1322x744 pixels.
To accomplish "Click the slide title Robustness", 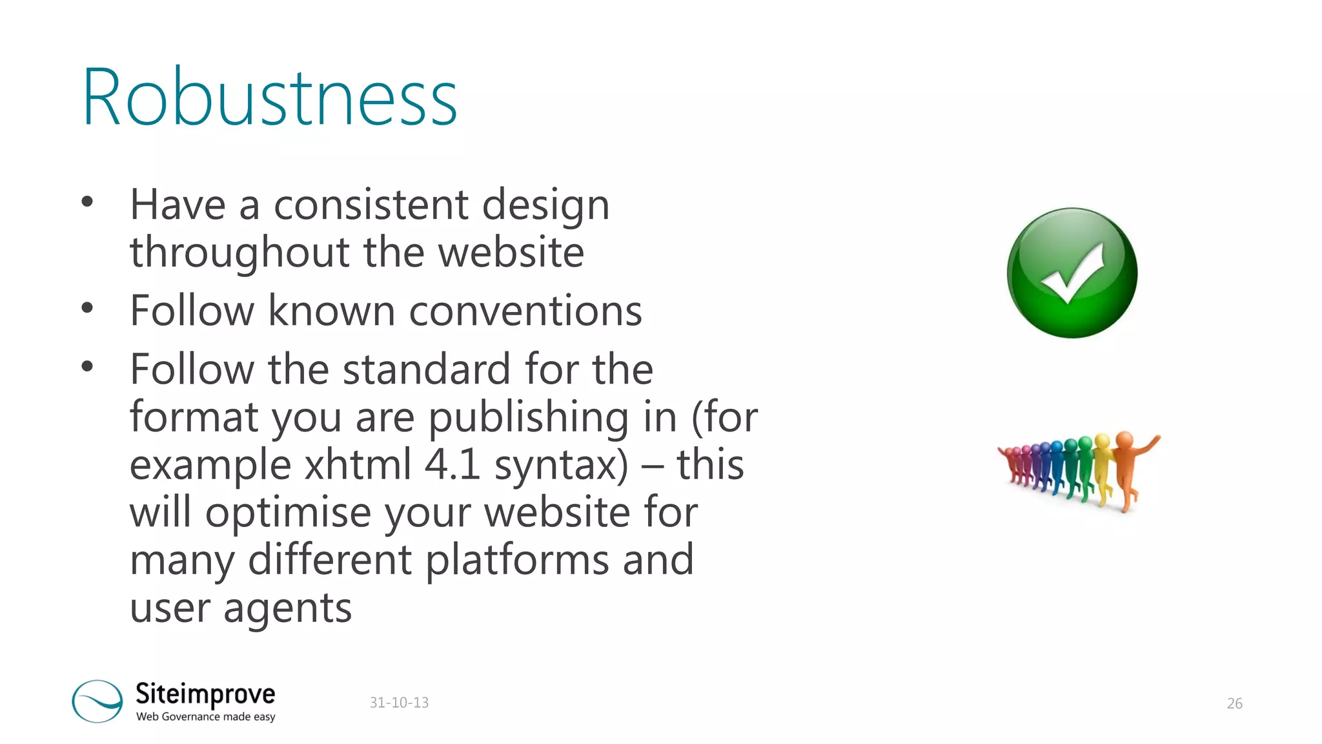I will pos(270,97).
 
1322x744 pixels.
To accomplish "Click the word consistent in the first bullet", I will pos(371,205).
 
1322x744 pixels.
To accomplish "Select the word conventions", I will pos(525,311).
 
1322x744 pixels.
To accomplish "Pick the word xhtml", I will pos(358,464).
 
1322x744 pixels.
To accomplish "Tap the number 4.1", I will pos(452,464).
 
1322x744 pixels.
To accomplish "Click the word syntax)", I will pos(561,466).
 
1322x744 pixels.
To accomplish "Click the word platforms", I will pos(517,560).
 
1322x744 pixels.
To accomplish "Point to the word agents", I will pos(287,608).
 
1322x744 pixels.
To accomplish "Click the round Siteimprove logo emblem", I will pos(97,701).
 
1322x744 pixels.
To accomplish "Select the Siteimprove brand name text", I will pos(205,694).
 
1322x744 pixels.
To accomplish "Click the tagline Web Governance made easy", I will pos(205,716).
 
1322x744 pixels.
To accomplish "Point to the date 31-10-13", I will pos(399,703).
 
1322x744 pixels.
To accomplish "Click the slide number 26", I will pos(1234,703).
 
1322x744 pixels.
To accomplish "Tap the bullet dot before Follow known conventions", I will pos(87,308).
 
